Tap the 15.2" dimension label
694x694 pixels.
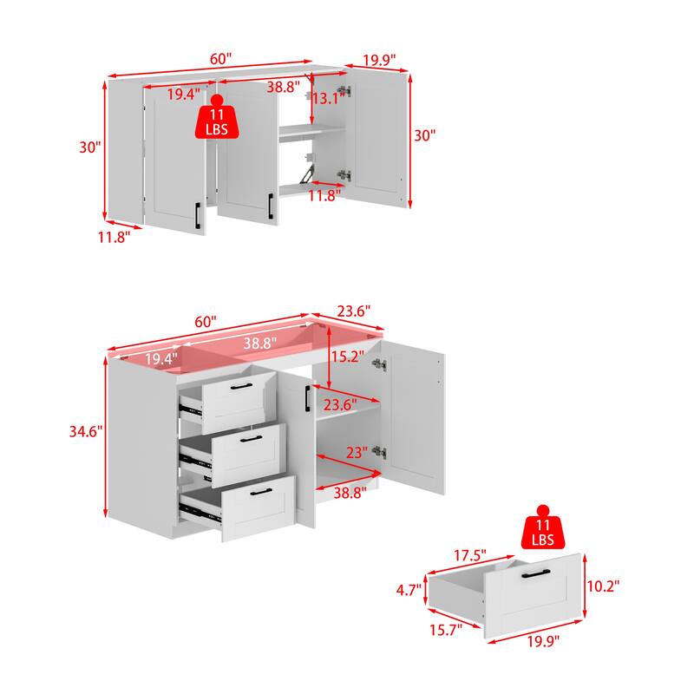(346, 356)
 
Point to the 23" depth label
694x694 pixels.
(357, 452)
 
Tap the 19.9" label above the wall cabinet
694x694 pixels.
(379, 60)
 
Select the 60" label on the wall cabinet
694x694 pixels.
(220, 59)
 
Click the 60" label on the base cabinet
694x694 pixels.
(207, 321)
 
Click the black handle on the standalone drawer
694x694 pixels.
(540, 573)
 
